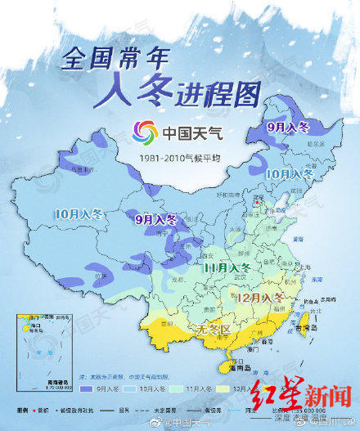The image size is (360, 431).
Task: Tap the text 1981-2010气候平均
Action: pyautogui.click(x=178, y=156)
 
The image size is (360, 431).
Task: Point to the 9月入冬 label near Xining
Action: pyautogui.click(x=155, y=218)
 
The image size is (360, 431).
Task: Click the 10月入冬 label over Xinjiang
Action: pyautogui.click(x=79, y=214)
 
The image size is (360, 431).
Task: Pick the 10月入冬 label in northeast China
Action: pyautogui.click(x=289, y=173)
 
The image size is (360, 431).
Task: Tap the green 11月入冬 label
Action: pyautogui.click(x=228, y=267)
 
